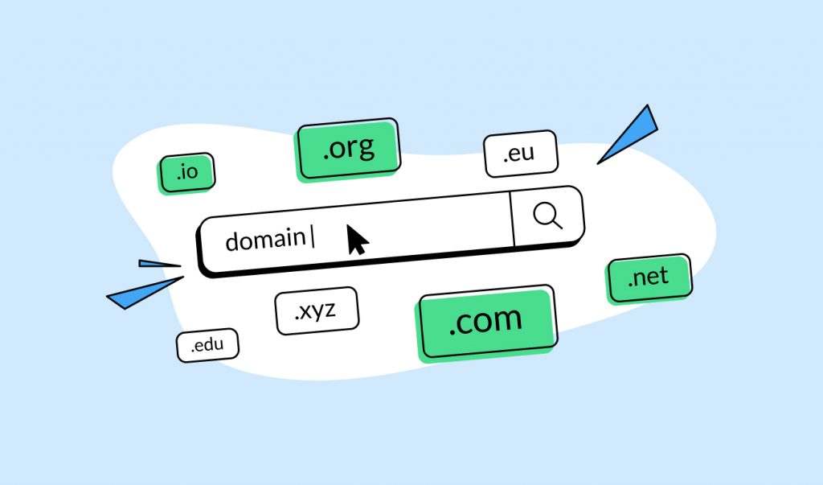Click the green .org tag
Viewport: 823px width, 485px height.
tap(349, 150)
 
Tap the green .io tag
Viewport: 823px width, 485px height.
tap(187, 173)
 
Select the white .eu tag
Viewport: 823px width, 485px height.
tap(521, 154)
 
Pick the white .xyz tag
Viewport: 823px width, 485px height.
tap(317, 310)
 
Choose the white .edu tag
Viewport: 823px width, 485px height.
tap(207, 345)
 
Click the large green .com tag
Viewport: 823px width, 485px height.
tap(486, 323)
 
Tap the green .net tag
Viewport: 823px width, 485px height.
tap(649, 278)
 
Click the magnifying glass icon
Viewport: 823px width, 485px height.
tap(547, 216)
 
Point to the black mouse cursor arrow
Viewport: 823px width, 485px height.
tap(358, 240)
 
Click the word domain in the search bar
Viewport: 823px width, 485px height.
tap(265, 240)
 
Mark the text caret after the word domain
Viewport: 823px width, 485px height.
tap(313, 237)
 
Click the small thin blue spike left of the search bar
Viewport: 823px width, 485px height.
tap(160, 264)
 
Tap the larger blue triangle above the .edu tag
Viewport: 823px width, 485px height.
tap(145, 293)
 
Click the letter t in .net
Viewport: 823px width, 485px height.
tap(664, 275)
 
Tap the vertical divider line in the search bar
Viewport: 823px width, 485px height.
tap(512, 219)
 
